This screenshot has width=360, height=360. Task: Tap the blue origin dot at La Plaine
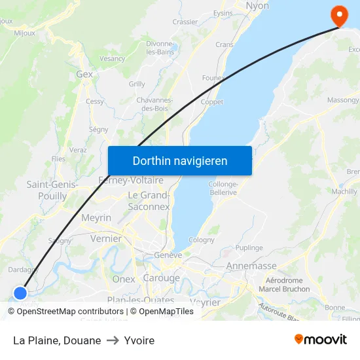point(20,293)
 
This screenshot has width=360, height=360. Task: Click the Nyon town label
point(257,6)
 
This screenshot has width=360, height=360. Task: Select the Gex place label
point(84,75)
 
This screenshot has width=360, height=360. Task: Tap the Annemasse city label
point(251,266)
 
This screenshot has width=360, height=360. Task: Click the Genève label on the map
point(168,255)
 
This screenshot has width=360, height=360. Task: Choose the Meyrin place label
point(96,218)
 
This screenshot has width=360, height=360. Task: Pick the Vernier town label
point(106,239)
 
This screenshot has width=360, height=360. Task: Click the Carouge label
point(161,278)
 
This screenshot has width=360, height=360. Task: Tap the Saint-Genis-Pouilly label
point(52,190)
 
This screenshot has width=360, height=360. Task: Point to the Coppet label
point(211,102)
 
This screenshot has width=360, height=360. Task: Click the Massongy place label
point(343,100)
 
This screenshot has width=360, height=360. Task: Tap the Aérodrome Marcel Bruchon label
point(284,285)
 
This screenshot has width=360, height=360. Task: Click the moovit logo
point(320,339)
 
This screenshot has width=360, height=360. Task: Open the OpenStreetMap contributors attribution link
point(70,312)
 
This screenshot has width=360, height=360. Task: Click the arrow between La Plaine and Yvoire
point(113,340)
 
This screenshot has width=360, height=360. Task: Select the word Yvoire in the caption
point(139,340)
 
